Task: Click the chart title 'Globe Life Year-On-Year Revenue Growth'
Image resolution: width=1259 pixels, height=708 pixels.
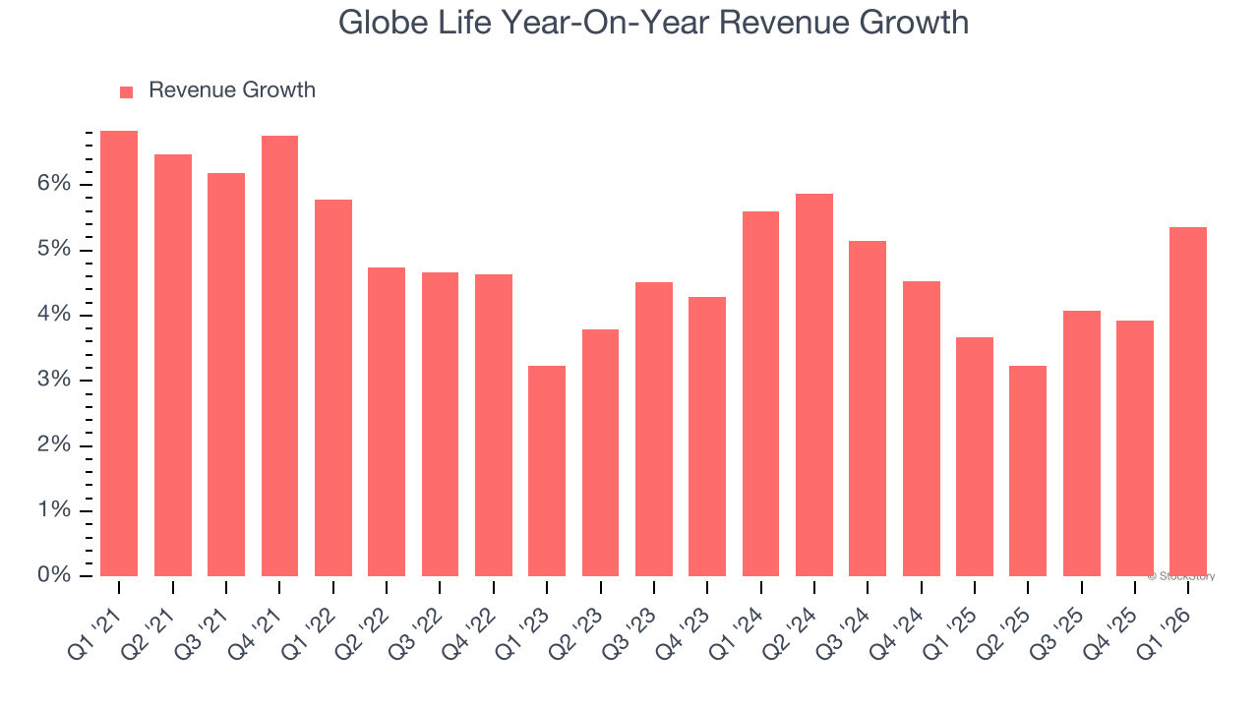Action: click(653, 23)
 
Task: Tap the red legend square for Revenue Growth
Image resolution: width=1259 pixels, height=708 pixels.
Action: click(126, 91)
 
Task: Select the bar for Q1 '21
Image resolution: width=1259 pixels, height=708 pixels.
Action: click(119, 354)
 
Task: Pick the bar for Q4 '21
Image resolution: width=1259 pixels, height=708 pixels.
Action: click(279, 356)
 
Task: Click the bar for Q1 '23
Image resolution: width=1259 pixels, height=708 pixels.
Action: click(547, 471)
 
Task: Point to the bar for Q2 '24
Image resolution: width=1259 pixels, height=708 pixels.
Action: click(814, 384)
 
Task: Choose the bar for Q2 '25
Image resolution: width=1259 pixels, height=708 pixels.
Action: click(1028, 471)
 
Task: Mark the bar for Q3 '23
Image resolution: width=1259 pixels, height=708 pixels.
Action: click(654, 429)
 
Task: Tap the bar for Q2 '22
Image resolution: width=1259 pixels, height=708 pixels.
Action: click(387, 422)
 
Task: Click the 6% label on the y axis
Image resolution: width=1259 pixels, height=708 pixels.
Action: click(55, 185)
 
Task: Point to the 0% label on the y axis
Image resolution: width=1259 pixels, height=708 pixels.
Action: click(55, 575)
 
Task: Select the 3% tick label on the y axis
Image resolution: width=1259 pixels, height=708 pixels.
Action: click(55, 381)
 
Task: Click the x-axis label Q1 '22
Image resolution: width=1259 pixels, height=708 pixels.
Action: click(311, 624)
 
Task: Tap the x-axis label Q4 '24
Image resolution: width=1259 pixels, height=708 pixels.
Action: click(898, 624)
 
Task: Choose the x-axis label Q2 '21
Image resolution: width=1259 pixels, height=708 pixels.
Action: click(150, 624)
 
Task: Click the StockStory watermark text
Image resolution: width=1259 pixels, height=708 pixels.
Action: click(1180, 576)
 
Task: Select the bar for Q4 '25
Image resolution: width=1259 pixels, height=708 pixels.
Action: click(1135, 448)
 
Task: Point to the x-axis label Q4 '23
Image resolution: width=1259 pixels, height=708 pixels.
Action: click(685, 624)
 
